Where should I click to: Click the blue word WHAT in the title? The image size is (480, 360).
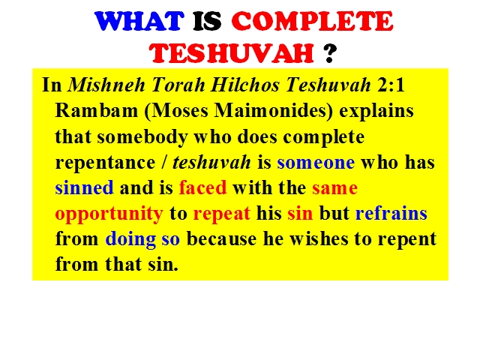point(139,21)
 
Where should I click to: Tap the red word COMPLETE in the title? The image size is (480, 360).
point(312,21)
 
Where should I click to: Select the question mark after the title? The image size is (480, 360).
point(330,53)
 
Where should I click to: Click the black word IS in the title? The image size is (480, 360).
point(207,21)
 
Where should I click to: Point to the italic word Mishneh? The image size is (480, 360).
point(106,85)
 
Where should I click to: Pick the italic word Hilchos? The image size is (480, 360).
point(245,85)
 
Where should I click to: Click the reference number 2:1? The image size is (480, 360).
point(391,85)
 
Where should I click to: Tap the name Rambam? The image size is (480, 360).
point(97,110)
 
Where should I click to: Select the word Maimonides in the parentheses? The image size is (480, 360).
point(270,110)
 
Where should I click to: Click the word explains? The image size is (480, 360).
point(376,111)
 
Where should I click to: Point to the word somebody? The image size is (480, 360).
point(142,137)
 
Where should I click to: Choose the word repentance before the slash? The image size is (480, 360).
point(105,163)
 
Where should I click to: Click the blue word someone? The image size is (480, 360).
point(316,163)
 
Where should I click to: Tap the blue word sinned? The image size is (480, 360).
point(84,187)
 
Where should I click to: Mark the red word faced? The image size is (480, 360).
point(202,187)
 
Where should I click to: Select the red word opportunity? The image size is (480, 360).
point(109,214)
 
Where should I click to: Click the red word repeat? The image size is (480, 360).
point(222,214)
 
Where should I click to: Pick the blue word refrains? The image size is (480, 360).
point(391,213)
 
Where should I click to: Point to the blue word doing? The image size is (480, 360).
point(130,239)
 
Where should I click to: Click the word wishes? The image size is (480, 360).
point(319,238)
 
